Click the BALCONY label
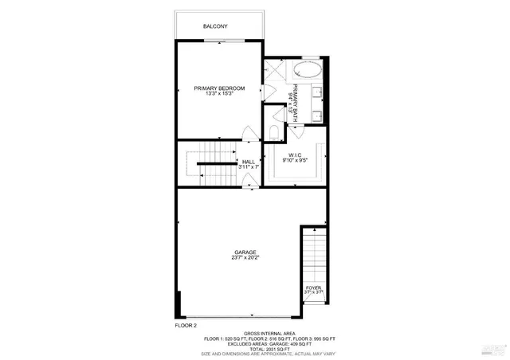coord(216,26)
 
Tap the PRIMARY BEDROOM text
coord(219,88)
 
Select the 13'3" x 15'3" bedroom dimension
coord(219,94)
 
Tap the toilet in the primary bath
coord(273,131)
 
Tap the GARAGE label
coord(245,252)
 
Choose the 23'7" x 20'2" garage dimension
coord(245,257)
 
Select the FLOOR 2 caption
coord(186,326)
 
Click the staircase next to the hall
coord(209,162)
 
